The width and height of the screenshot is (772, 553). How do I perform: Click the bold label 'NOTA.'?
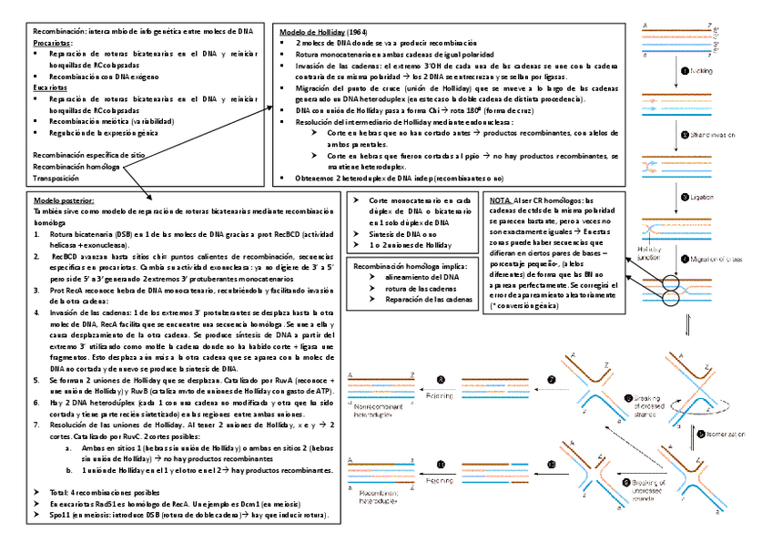501,200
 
